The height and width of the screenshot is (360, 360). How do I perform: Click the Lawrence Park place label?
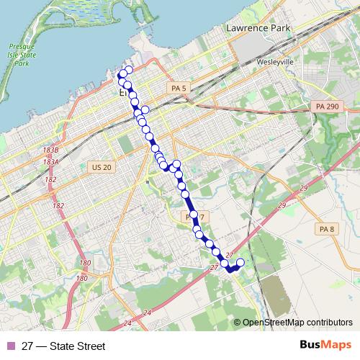coord(257,28)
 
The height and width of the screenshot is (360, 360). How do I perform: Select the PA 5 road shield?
coord(179,88)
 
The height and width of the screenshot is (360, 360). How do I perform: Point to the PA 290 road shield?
coord(326,107)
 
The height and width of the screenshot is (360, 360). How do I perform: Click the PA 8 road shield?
coord(327,229)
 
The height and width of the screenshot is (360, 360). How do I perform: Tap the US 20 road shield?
coord(102,167)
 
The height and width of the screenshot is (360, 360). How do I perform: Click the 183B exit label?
coord(50,150)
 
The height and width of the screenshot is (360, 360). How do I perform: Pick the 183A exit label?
coord(50,163)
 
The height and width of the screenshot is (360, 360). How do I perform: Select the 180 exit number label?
coord(85,264)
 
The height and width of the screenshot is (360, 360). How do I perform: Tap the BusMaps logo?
coord(320,346)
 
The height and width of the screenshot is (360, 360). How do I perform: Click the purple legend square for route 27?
coord(10,346)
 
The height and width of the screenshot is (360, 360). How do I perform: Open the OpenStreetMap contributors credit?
coord(297,323)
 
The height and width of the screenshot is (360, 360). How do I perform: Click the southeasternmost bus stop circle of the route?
coord(240,263)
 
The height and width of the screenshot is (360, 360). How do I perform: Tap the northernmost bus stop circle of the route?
coord(130,71)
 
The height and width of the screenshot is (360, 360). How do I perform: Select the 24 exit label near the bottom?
coord(147,312)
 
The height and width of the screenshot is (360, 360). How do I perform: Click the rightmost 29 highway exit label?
coord(303,188)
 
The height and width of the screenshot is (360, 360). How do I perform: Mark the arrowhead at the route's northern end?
coord(120,73)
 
